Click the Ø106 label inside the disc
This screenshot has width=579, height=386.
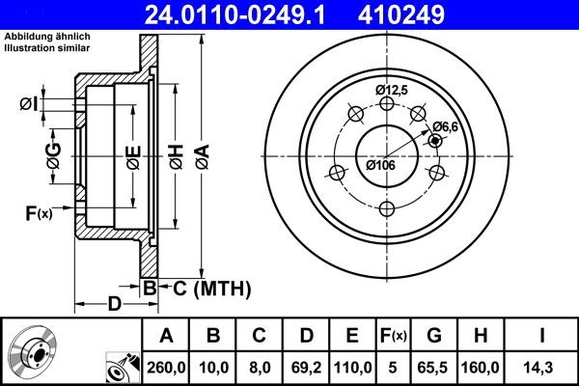(380, 164)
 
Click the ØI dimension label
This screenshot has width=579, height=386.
(29, 103)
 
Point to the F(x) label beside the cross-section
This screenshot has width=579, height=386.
(38, 213)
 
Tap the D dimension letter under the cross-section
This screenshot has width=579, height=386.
(114, 305)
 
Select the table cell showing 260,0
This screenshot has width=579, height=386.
(166, 367)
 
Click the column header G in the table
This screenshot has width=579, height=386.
(434, 336)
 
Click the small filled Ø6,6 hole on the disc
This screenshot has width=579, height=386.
(435, 141)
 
